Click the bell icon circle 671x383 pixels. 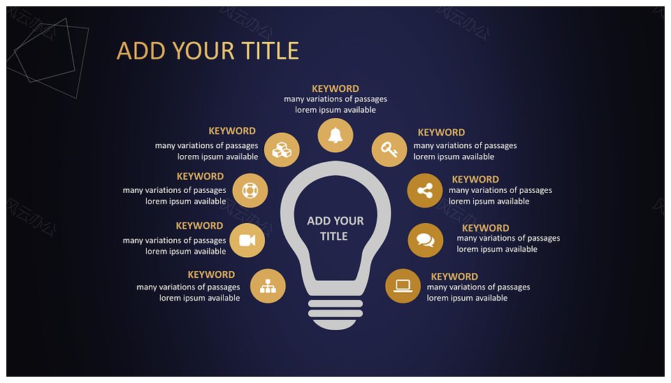point(335,135)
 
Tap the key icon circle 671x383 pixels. point(389,150)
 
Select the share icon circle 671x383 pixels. point(425,190)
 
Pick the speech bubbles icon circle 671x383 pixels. point(426,240)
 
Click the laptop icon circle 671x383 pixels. point(403,286)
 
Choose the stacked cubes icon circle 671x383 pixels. point(282,150)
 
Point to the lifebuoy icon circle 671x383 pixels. point(250,190)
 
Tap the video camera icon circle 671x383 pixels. point(247,240)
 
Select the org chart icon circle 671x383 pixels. point(268,286)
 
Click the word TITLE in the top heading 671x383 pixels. point(270,51)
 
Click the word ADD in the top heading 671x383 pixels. point(140,51)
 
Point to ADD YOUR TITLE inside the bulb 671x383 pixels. point(335,229)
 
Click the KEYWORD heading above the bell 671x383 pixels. point(335,89)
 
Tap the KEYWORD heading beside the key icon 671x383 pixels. point(441,132)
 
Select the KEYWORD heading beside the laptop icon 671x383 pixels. point(454,277)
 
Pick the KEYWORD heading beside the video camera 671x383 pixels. point(199,226)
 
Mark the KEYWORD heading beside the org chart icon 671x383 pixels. point(211,274)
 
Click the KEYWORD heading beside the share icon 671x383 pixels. point(475,180)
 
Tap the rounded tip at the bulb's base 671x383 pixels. point(335,325)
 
